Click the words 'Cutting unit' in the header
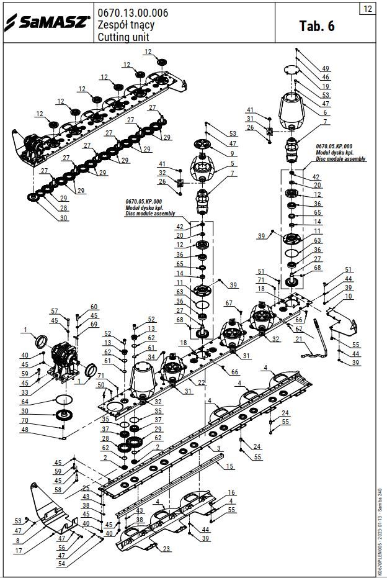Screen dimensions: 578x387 (x=123, y=37)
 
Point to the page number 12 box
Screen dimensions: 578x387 (x=368, y=9)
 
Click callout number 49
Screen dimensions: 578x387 (x=325, y=68)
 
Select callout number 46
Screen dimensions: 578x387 (x=325, y=77)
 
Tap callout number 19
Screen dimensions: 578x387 (x=325, y=86)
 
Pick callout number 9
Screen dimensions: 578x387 (x=232, y=153)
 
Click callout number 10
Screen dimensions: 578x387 (x=348, y=297)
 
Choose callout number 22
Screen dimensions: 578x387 (x=202, y=382)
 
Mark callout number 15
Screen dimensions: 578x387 (x=229, y=466)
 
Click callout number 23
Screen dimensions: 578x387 (x=166, y=549)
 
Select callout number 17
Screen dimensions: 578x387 (x=19, y=550)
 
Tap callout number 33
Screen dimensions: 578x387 (x=25, y=392)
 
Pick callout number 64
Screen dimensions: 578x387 (x=25, y=402)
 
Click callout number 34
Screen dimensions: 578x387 (x=151, y=357)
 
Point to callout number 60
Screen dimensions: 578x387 (x=94, y=307)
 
